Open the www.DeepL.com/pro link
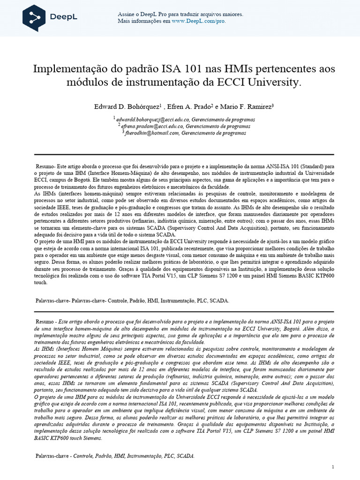point(199,22)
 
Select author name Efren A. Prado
point(192,107)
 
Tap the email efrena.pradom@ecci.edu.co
point(152,126)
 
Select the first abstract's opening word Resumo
point(46,166)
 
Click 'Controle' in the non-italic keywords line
point(121,300)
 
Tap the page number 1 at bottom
point(332,467)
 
